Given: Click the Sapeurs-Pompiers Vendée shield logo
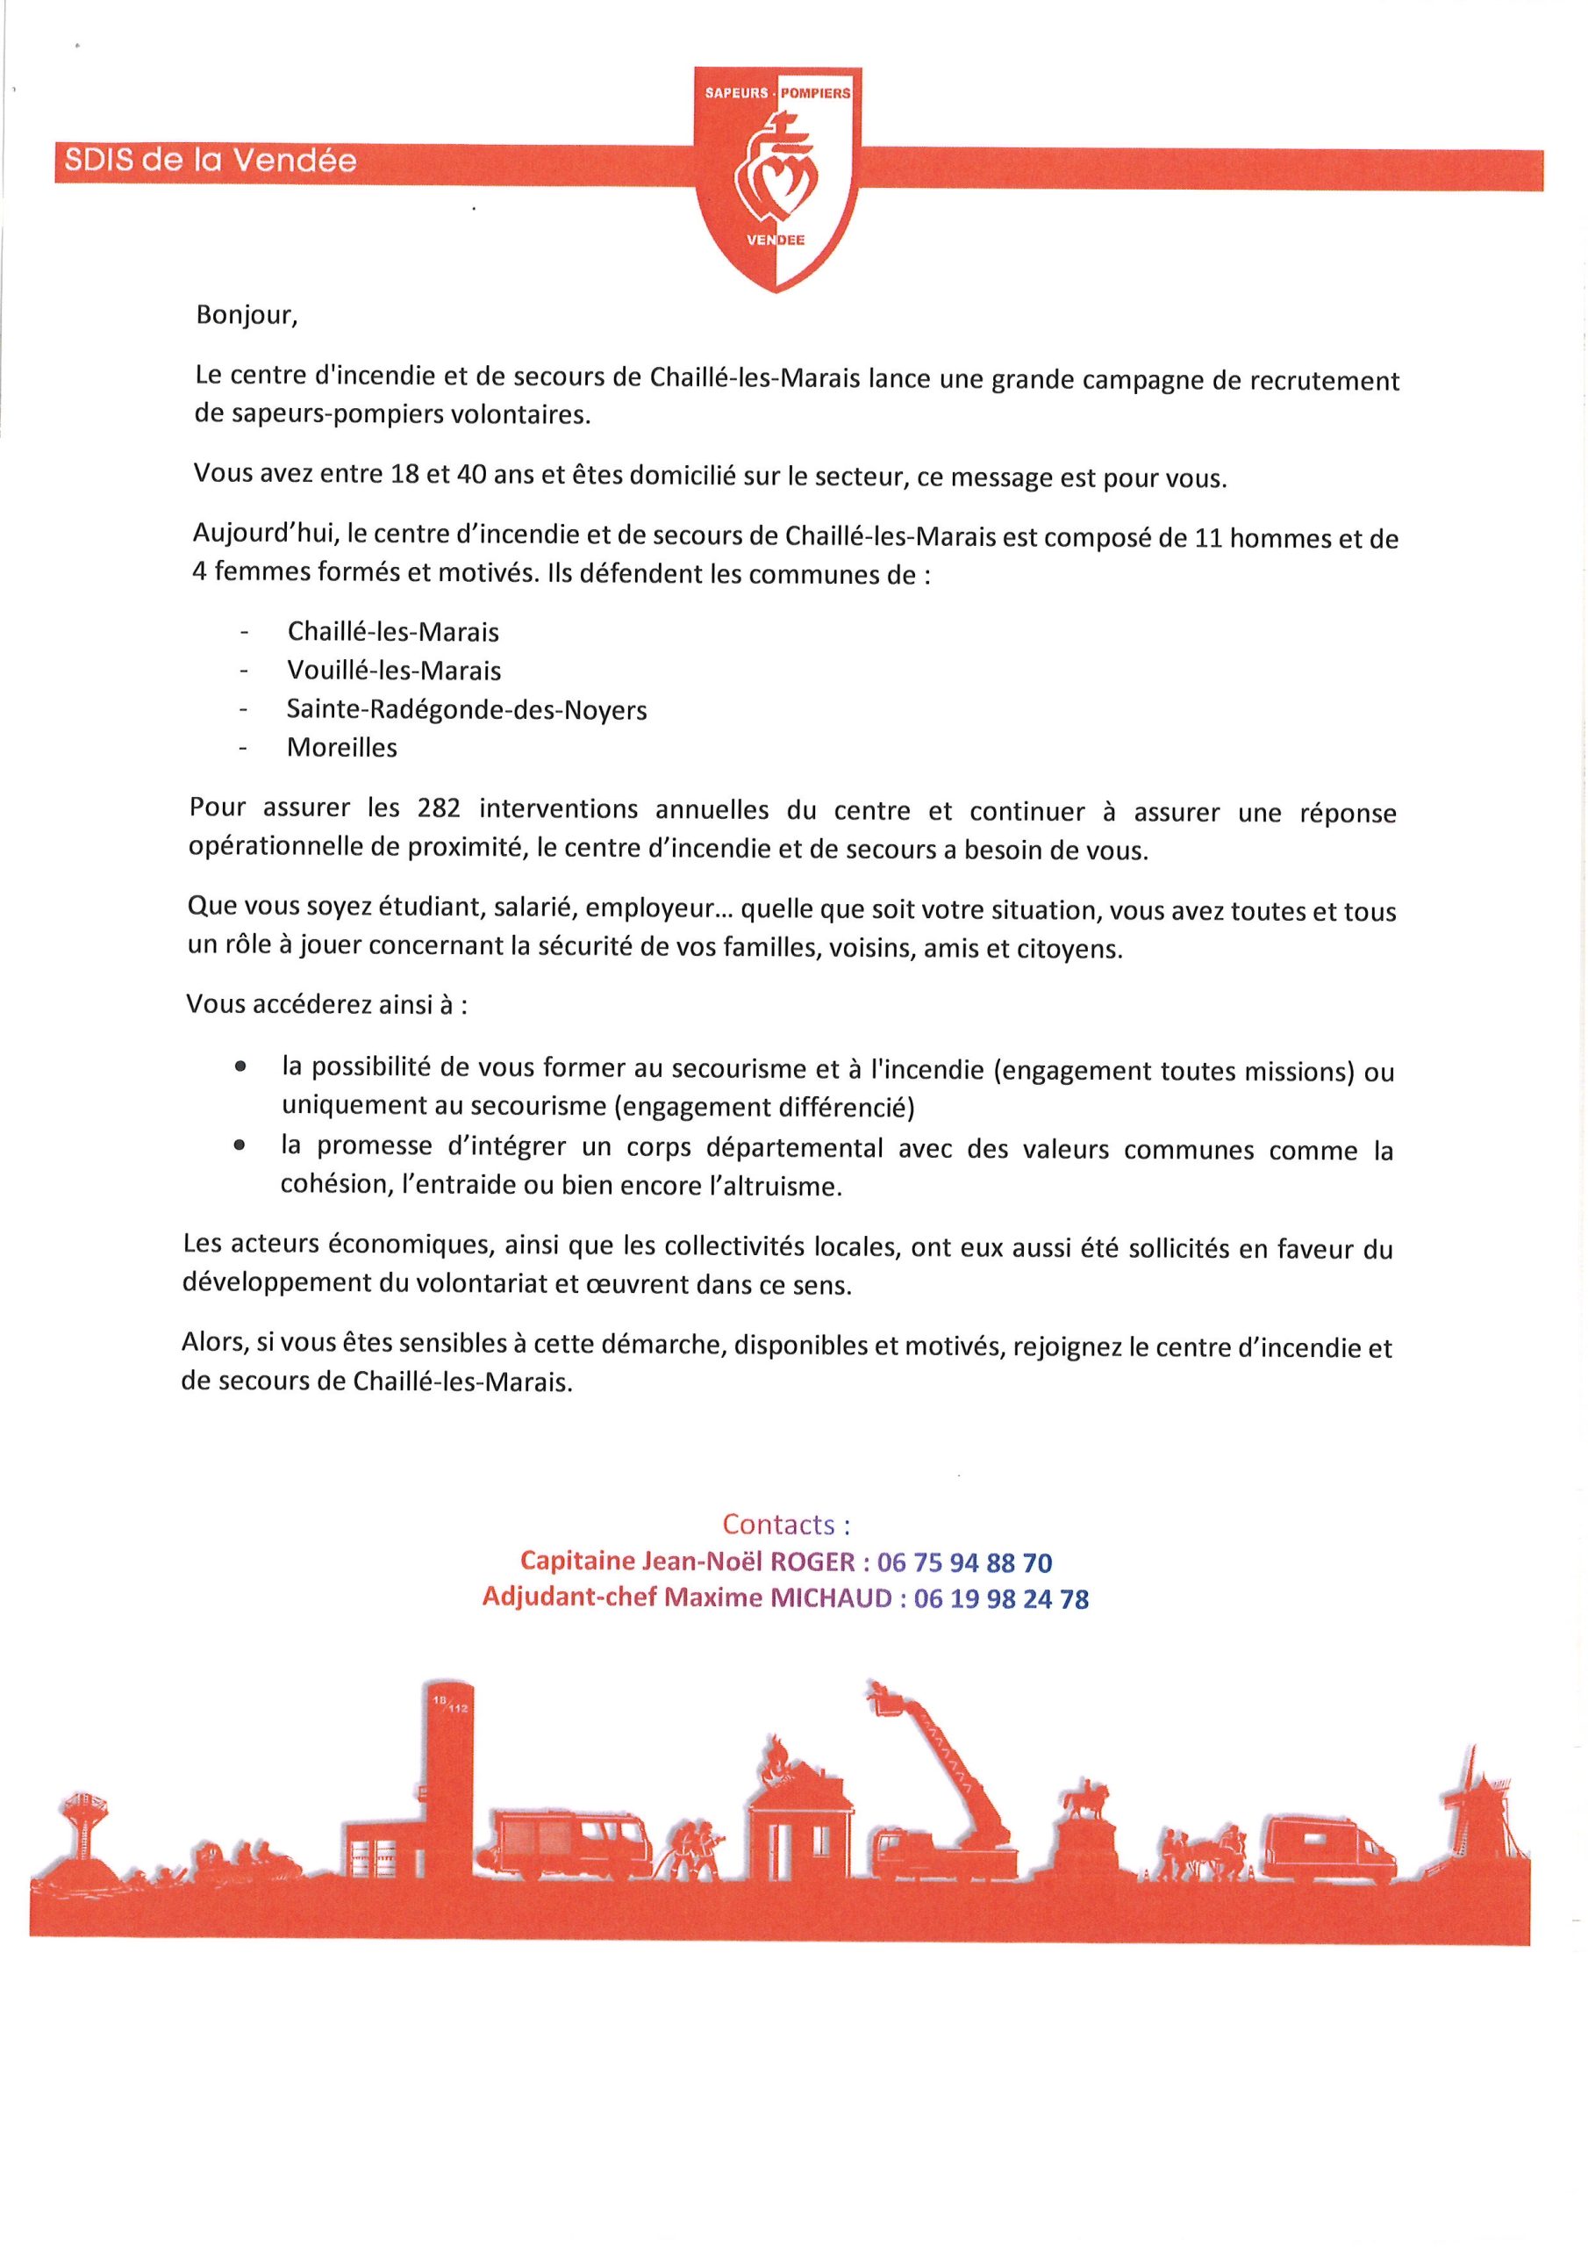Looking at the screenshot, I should click(x=778, y=176).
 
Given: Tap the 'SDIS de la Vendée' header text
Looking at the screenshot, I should click(x=211, y=162).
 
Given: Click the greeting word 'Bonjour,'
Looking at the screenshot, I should click(x=245, y=316).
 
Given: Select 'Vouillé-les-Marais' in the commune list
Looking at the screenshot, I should click(x=393, y=671).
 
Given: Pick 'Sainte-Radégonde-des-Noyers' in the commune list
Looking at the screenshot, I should click(x=467, y=709).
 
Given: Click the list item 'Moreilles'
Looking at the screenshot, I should click(x=341, y=748).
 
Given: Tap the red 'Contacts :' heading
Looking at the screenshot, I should click(x=786, y=1524).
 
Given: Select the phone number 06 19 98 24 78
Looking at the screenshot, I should click(x=1000, y=1599).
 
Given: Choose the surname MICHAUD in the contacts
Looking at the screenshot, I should click(x=831, y=1599).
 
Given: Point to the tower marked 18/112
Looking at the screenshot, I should click(x=448, y=1762).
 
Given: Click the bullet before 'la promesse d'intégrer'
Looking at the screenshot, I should click(x=239, y=1146).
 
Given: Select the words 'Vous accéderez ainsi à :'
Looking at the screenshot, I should click(x=326, y=1005).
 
